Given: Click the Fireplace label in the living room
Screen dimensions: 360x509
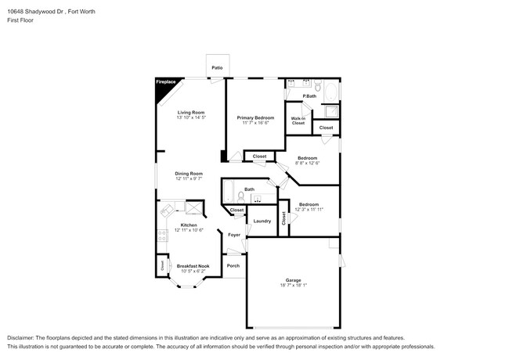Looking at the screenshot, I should [x=165, y=81].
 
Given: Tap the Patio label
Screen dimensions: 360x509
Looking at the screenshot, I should [x=217, y=68].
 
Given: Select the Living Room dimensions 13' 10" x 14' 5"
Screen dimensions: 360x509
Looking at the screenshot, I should [x=190, y=117].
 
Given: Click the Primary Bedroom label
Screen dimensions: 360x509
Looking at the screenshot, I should [x=255, y=117].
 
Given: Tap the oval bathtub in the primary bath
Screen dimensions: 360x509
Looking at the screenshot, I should [x=330, y=92].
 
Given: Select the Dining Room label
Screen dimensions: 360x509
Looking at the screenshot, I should [x=189, y=173].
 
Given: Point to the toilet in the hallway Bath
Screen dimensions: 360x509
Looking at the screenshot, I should [x=241, y=197].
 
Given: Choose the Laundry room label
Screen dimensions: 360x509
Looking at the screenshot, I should [x=262, y=221].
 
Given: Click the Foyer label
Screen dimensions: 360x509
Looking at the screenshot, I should [x=233, y=235].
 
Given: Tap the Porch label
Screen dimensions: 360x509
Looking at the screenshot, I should [x=233, y=265].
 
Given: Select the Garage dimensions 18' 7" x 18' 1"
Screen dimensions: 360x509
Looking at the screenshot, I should [x=292, y=286].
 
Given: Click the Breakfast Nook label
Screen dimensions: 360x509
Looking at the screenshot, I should [x=193, y=265].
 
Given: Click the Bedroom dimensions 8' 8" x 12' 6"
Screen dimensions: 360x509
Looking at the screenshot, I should [x=308, y=163].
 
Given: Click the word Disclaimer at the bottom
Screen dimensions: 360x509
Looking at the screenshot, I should [x=22, y=337].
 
